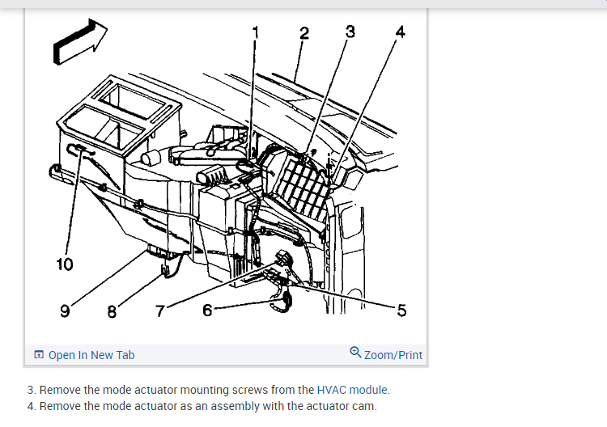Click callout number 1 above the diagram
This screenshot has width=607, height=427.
tap(256, 32)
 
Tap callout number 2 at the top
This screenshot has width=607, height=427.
tap(303, 33)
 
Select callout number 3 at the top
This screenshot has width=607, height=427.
tap(350, 32)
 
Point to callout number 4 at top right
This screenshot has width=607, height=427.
tap(399, 32)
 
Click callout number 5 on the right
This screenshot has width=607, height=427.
tap(402, 312)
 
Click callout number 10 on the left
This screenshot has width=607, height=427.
tap(65, 264)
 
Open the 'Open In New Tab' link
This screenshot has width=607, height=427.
tap(91, 355)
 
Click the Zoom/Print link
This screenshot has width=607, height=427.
tap(393, 355)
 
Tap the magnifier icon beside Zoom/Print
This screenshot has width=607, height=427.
tap(356, 353)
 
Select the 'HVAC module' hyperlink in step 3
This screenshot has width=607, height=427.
tap(353, 390)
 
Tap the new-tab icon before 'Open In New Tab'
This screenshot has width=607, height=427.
tap(39, 355)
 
